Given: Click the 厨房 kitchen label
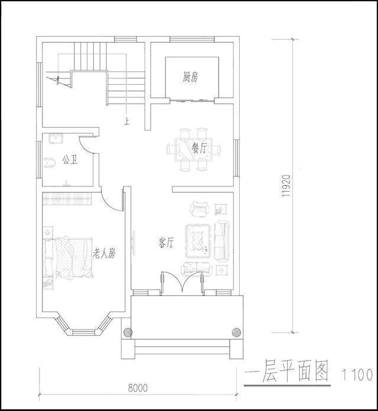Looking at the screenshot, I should [x=190, y=77].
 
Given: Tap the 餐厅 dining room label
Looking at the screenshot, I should [x=199, y=148].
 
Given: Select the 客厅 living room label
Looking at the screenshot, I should [x=166, y=242].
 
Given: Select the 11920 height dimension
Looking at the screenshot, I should [x=285, y=188].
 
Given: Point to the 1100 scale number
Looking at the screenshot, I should [x=357, y=374].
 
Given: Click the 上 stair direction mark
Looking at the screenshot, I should [x=126, y=122].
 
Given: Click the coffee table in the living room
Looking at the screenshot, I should [x=198, y=240].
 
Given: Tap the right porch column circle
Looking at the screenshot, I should [x=237, y=331].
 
